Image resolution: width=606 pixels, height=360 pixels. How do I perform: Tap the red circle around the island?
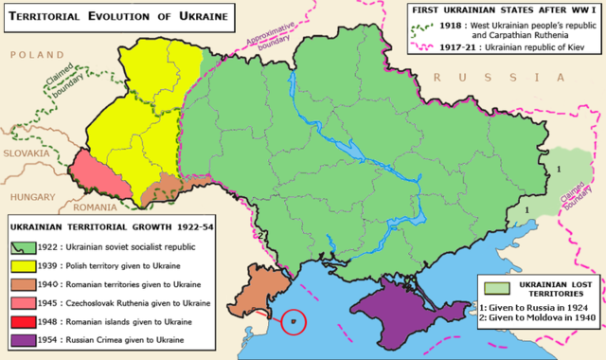[294, 323]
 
